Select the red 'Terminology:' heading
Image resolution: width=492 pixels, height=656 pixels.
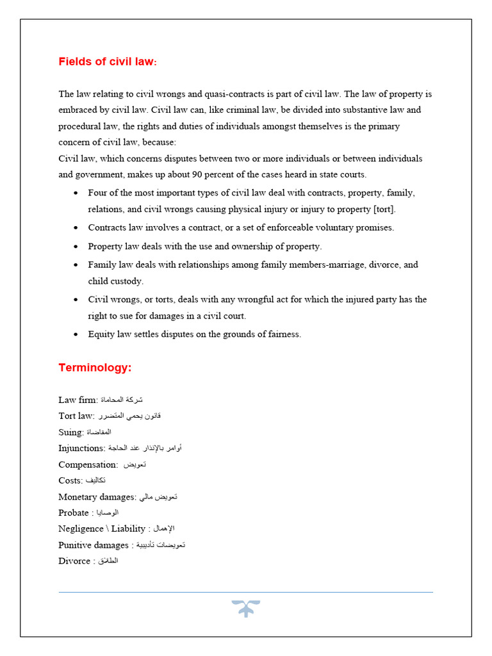tap(94, 368)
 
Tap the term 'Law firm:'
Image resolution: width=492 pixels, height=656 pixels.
tap(78, 400)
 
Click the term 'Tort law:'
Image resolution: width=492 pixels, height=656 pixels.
tap(76, 416)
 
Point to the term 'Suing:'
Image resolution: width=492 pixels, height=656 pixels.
tap(71, 432)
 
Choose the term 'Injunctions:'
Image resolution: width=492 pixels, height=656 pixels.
tap(82, 448)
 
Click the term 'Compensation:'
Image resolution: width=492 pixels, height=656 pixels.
tap(88, 464)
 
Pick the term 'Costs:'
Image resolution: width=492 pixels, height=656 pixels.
tap(70, 480)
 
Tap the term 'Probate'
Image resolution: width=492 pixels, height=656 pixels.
tap(74, 512)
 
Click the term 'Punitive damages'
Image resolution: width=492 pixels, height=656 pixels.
tap(94, 545)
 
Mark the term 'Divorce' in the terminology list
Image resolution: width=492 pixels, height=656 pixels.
tap(74, 561)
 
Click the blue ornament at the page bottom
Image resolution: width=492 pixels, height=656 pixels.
tap(245, 609)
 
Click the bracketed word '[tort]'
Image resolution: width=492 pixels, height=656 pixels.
tap(384, 209)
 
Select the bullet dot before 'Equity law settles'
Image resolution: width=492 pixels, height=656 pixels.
tap(76, 334)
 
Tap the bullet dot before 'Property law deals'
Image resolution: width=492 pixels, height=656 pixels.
tap(76, 247)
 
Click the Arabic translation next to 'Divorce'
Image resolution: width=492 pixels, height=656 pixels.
tap(108, 561)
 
